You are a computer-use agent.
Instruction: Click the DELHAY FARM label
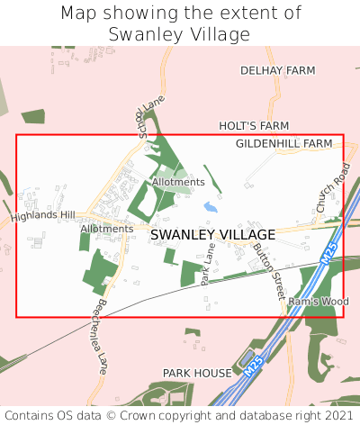[277, 69]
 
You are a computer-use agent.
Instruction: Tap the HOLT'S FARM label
[254, 126]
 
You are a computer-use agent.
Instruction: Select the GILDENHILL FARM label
[283, 143]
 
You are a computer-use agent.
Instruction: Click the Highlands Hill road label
[43, 216]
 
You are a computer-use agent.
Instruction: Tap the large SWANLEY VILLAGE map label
[212, 234]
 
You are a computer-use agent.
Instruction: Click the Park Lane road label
[209, 268]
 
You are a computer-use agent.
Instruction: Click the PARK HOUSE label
[197, 372]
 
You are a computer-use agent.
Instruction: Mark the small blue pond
[210, 207]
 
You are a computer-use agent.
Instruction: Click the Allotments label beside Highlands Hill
[106, 229]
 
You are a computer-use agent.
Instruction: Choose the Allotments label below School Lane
[178, 182]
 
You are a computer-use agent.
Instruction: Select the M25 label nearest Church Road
[329, 249]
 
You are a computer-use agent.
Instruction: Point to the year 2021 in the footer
[336, 416]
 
